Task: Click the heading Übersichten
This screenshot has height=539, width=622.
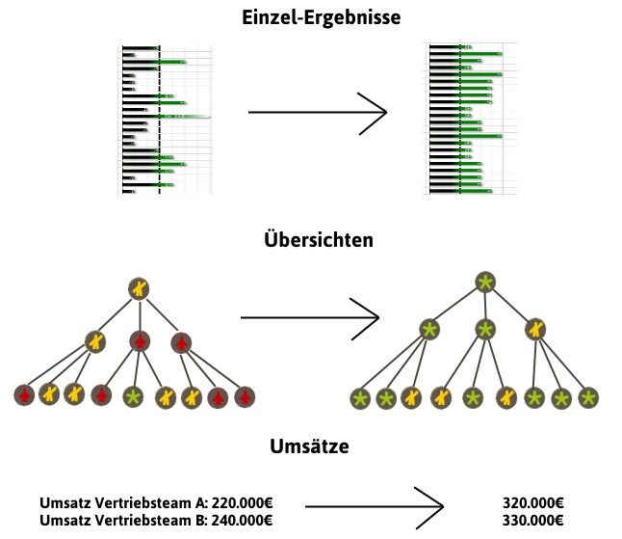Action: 318,241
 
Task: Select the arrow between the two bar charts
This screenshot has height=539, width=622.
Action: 317,113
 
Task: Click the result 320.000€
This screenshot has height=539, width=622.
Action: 532,503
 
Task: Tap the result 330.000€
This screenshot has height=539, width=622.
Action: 532,521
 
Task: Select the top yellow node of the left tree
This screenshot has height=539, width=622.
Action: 141,287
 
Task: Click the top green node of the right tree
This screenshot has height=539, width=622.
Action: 485,282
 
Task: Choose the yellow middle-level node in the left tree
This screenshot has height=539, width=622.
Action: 94,339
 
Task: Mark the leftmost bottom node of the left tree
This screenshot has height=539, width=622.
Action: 24,394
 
